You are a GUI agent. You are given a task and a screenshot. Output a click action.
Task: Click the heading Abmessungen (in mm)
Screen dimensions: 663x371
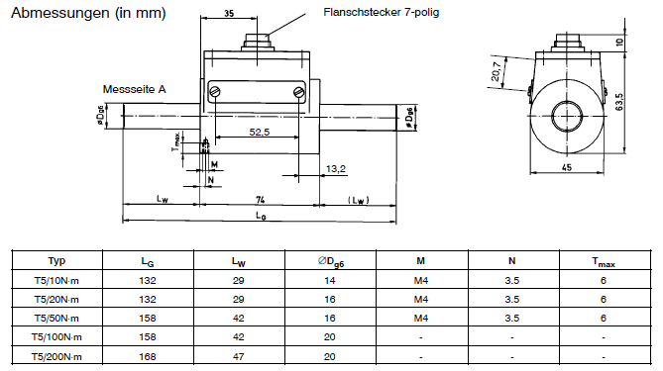click(x=88, y=13)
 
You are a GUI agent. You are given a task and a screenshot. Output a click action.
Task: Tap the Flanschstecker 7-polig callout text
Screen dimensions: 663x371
click(x=381, y=12)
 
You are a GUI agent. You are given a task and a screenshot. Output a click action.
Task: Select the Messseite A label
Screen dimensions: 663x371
click(x=135, y=89)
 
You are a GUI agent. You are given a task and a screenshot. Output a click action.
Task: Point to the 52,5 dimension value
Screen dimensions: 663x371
click(x=260, y=133)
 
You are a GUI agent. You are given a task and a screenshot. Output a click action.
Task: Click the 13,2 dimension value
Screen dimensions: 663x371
click(x=336, y=169)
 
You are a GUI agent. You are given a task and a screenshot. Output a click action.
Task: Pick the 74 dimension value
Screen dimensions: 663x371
click(x=260, y=200)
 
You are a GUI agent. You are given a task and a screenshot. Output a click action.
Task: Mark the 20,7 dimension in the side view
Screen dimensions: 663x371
click(x=497, y=71)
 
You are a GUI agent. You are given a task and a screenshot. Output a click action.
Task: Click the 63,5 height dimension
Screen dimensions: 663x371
click(x=619, y=102)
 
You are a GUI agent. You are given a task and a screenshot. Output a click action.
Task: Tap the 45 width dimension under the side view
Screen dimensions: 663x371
click(x=567, y=167)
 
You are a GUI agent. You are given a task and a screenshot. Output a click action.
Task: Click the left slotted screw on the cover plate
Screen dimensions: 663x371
click(x=215, y=92)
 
